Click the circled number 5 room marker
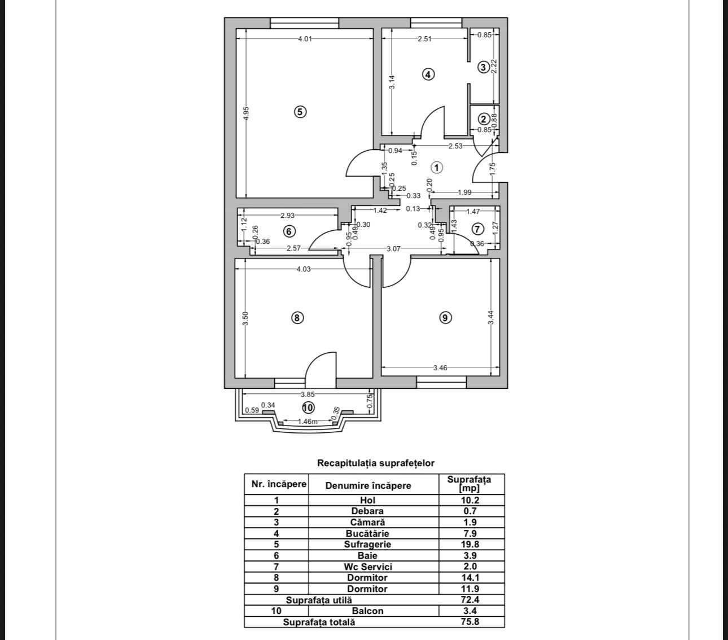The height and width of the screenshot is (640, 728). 300,112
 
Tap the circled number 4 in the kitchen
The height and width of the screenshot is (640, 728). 428,74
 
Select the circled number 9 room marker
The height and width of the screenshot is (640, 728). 445,318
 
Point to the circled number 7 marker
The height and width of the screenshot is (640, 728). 477,229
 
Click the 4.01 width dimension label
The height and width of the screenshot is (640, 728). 305,38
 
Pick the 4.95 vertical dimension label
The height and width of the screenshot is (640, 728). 246,113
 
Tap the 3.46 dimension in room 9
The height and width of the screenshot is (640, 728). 440,367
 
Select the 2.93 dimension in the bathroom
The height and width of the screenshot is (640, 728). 287,215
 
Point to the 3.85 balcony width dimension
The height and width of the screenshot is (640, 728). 308,394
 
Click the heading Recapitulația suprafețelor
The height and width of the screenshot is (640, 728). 376,463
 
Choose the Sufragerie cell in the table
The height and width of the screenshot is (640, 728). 367,544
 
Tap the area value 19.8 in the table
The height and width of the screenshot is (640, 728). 470,544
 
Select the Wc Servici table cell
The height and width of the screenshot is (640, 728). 367,567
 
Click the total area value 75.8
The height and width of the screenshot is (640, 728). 470,622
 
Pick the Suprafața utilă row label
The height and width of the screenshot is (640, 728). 319,600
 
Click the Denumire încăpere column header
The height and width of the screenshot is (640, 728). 368,486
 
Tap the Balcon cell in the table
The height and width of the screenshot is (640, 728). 367,611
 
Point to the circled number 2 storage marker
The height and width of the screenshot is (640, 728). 483,119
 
